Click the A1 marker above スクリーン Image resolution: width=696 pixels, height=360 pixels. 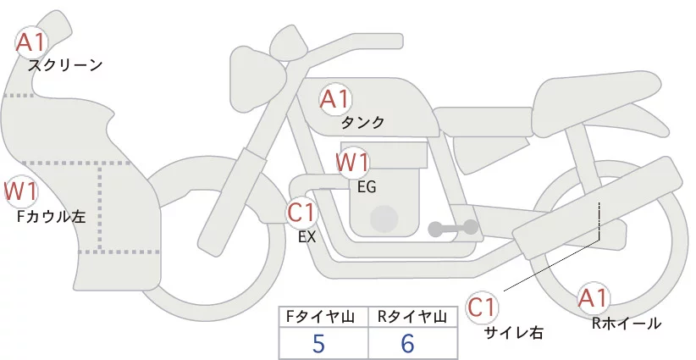32,42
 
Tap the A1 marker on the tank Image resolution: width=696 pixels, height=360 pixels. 334,99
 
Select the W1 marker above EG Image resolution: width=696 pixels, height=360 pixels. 352,162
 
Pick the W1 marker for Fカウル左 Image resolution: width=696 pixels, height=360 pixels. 19,191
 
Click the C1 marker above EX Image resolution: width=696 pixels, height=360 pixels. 301,212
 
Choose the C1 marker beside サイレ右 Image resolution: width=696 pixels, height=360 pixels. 482,307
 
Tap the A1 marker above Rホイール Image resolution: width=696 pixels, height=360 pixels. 593,299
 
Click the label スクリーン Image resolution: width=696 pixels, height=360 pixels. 65,64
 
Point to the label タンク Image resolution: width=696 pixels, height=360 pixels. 362,123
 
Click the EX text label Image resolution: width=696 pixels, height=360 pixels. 307,237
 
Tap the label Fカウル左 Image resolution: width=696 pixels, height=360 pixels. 51,217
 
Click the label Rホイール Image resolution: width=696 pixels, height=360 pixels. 627,323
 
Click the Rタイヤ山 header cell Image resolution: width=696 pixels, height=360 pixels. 413,317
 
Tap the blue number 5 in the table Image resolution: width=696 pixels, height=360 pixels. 318,345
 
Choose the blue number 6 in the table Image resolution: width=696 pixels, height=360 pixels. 407,345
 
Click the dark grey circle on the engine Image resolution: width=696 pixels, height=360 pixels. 385,219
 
